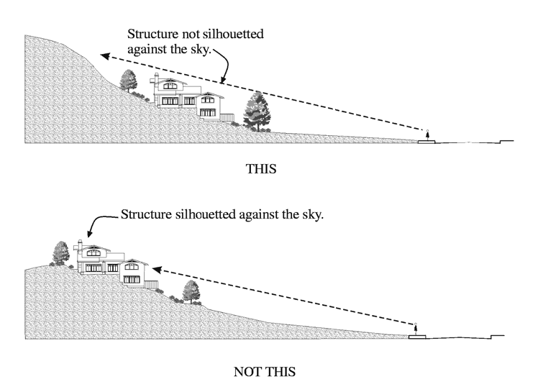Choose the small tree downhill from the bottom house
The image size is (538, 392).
191,291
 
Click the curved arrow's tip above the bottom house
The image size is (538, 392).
89,235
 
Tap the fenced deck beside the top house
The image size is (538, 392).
227,115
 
